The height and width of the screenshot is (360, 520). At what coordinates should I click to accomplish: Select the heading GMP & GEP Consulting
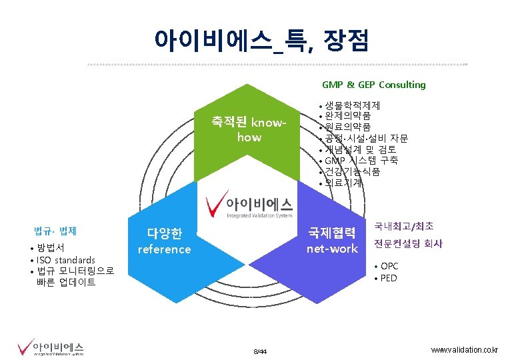[373, 85]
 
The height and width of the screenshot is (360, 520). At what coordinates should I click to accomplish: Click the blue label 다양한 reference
[164, 241]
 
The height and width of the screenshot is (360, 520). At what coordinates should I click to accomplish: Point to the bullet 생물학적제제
[353, 106]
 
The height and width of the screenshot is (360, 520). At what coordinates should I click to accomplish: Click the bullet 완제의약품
[348, 117]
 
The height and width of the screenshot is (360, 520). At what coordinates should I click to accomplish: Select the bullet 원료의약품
[348, 127]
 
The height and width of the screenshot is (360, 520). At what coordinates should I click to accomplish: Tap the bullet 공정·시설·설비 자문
[366, 139]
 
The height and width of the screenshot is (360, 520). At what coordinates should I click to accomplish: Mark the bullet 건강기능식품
[353, 171]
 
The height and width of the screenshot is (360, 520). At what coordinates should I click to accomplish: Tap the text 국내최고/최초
[404, 227]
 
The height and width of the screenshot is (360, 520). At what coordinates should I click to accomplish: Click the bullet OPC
[389, 267]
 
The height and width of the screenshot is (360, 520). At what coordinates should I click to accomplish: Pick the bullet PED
[389, 278]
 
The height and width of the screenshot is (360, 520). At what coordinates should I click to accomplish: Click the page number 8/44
[260, 351]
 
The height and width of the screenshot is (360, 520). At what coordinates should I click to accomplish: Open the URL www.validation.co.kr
[464, 350]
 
